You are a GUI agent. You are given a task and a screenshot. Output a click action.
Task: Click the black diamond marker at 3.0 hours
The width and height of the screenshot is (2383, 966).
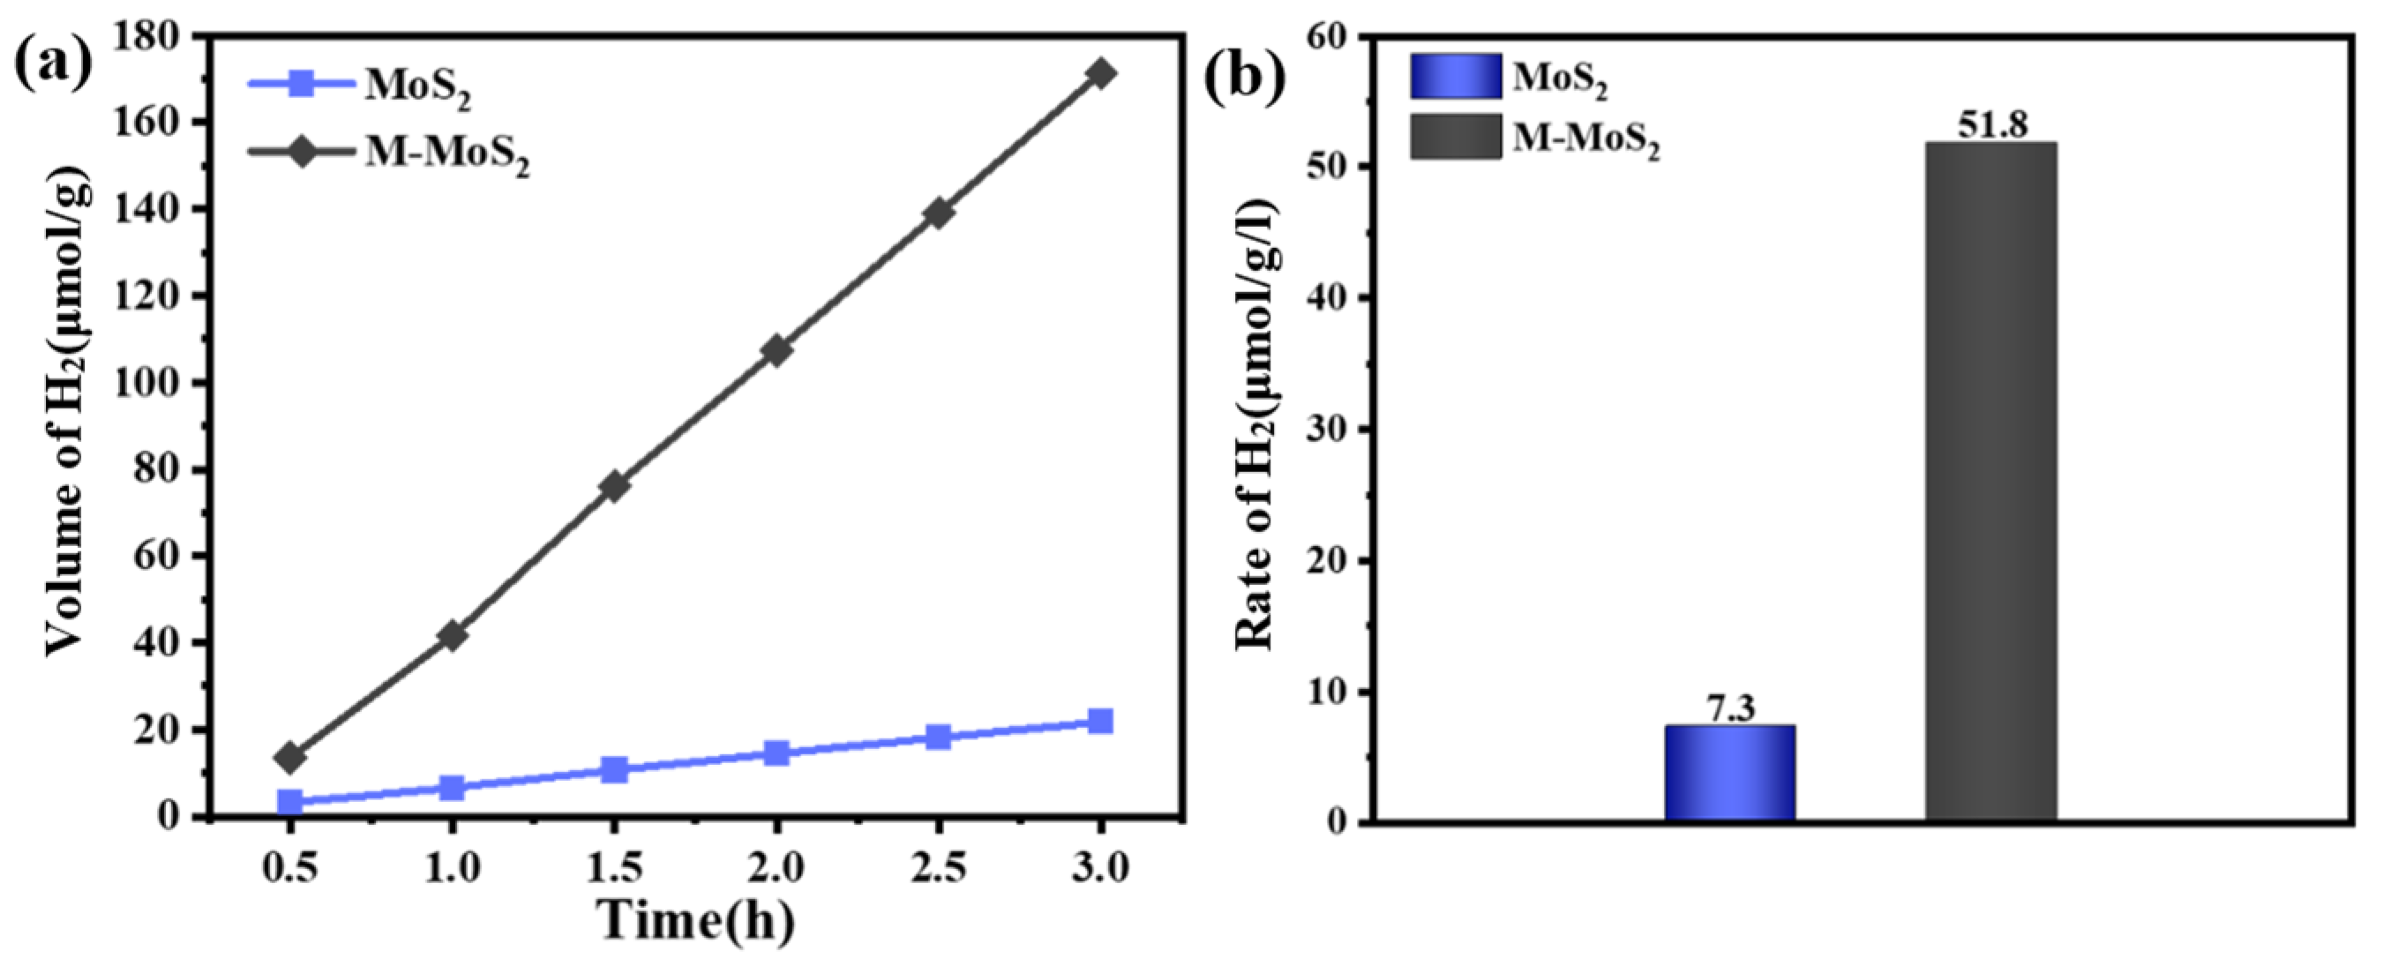(1100, 73)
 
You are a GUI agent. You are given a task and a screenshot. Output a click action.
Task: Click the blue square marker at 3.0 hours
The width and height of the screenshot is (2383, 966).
(1100, 721)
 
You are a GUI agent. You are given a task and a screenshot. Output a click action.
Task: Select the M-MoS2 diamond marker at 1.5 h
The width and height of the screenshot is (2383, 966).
(614, 486)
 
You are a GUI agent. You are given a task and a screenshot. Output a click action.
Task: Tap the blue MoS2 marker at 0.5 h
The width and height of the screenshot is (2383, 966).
(290, 801)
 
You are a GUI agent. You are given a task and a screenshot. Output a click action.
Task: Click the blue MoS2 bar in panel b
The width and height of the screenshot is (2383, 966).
(1730, 773)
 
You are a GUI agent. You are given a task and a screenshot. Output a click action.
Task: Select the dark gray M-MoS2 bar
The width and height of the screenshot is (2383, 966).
(1990, 480)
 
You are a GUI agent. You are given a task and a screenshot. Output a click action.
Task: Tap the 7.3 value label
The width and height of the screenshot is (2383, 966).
(1730, 708)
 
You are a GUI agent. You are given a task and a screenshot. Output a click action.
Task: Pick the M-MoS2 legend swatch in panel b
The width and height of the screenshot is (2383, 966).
(1455, 137)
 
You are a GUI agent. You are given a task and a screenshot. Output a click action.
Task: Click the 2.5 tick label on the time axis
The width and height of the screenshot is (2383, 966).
(938, 868)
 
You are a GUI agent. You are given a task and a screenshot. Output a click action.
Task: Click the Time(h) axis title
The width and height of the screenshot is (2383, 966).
(695, 921)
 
